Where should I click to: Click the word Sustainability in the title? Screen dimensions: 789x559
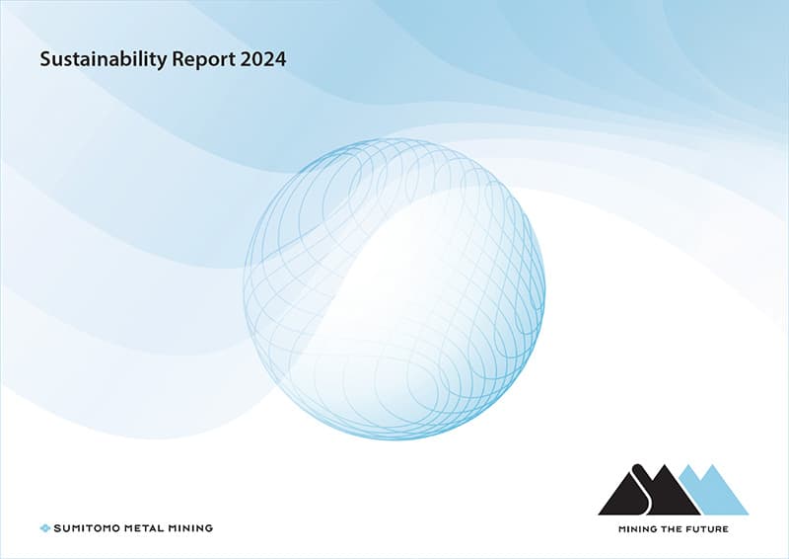click(x=104, y=59)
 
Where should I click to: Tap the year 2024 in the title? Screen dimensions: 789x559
click(x=263, y=59)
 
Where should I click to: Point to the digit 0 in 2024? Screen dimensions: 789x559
click(x=257, y=59)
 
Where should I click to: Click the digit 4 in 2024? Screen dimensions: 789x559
click(x=280, y=59)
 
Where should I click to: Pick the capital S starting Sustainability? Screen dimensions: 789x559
click(x=45, y=59)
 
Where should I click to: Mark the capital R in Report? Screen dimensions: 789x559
click(x=179, y=59)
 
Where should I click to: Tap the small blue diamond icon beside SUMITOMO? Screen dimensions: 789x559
click(x=44, y=528)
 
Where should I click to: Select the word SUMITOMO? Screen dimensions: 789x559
click(x=87, y=528)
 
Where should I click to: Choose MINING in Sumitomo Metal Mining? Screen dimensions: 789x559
click(x=189, y=528)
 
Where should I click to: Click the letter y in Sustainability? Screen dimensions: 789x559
click(x=162, y=62)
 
